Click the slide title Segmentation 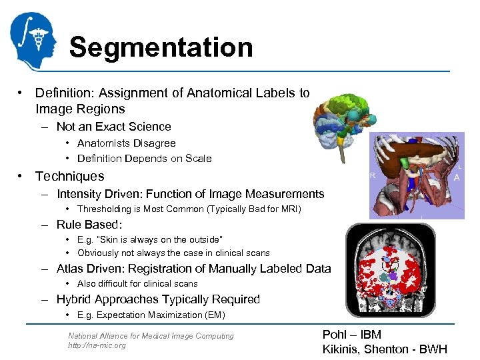(161, 47)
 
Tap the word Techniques (70, 176)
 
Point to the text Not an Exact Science (113, 127)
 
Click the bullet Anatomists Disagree (126, 143)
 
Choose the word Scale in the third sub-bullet (199, 159)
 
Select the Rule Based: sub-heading (89, 225)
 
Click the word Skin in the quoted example (111, 239)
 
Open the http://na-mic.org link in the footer (97, 345)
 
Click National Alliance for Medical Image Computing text (151, 336)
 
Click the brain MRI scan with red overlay (391, 270)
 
